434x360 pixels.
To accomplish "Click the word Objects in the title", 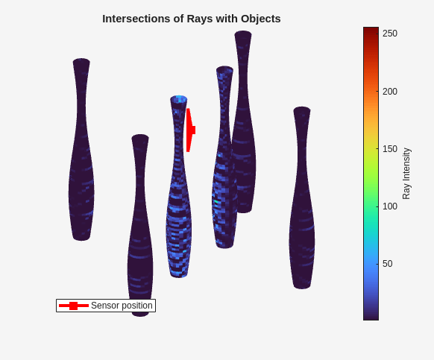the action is tap(261, 19).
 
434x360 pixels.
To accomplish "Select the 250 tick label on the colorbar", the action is tap(390, 34).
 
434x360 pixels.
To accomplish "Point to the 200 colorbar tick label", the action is tap(390, 92).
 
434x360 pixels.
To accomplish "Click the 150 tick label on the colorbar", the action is tap(390, 149).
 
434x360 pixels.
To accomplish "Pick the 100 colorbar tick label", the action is tap(390, 206).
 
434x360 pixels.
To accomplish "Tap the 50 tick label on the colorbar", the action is tap(387, 264).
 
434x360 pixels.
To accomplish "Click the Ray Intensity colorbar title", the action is tap(406, 174).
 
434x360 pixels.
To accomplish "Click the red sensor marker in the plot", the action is tap(190, 130).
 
